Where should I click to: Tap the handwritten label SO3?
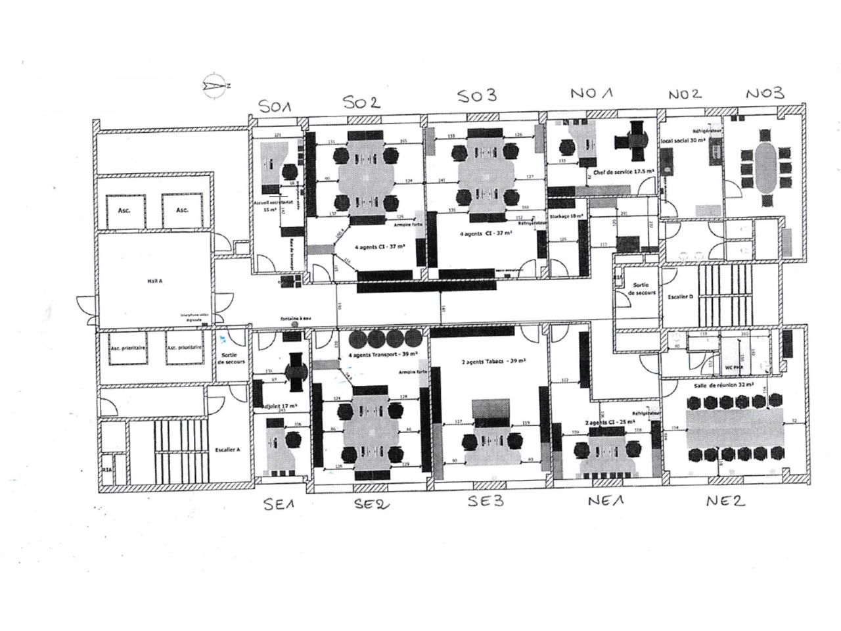pos(476,97)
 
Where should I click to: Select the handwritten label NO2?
pos(685,95)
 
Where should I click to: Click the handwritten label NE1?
pos(606,501)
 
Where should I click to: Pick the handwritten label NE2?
pos(725,501)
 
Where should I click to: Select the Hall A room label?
pos(154,281)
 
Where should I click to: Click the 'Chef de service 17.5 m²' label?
pos(624,172)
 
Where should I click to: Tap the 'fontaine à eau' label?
pos(296,318)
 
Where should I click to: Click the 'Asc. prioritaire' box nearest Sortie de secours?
pos(185,348)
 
